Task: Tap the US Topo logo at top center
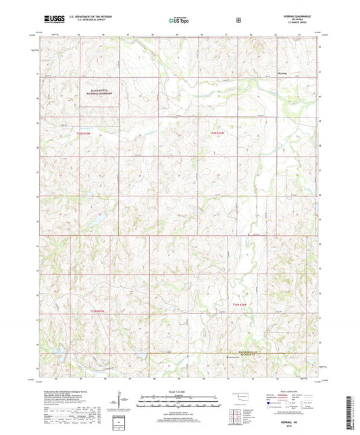point(179,21)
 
